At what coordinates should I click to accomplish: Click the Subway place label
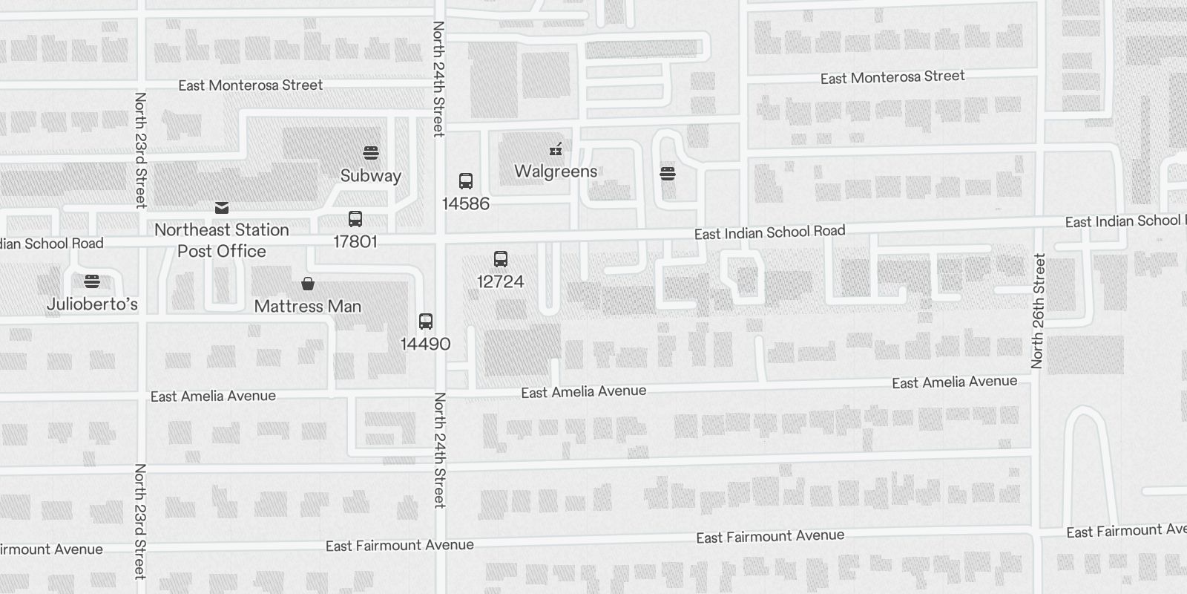coord(370,176)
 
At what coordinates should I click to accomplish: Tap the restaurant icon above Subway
coord(371,153)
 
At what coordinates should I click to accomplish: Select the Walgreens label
coord(556,172)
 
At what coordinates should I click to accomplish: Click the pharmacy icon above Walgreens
coord(556,149)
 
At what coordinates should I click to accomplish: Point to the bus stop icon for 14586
coord(466,181)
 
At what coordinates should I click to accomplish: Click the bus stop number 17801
coord(355,241)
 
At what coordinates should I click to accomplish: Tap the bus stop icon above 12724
coord(501,259)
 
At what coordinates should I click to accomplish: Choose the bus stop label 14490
coord(425,344)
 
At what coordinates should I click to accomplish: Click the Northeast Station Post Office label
coord(222,240)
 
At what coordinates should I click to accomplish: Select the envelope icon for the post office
coord(222,208)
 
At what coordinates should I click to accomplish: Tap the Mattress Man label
coord(308,306)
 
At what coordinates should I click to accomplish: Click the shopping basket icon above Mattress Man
coord(308,284)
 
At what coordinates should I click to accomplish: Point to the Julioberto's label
coord(92,304)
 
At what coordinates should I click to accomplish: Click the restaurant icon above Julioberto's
coord(92,281)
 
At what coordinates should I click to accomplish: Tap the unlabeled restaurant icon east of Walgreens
coord(668,174)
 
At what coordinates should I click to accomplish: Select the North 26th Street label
coord(1038,311)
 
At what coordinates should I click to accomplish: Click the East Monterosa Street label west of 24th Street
coord(250,85)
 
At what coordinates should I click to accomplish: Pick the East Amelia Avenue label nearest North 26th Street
coord(954,382)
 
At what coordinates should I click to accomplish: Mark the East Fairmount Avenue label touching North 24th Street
coord(399,546)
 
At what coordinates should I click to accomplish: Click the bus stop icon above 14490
coord(426,322)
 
